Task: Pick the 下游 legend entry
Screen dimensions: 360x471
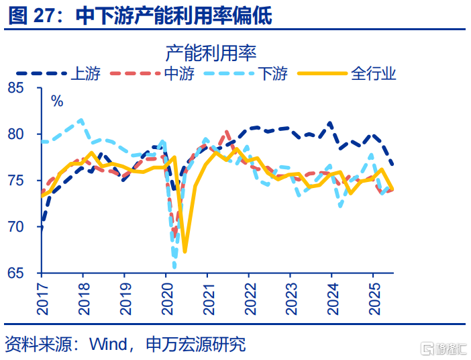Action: (272, 73)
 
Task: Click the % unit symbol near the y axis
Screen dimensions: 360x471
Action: (57, 102)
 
